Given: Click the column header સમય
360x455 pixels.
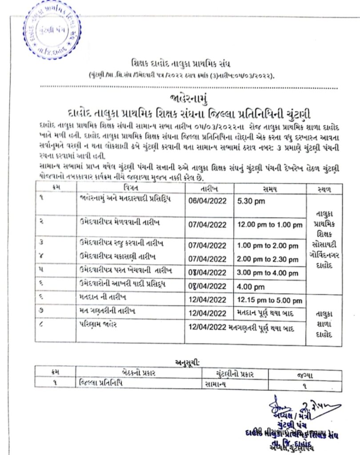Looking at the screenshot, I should [270, 189].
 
